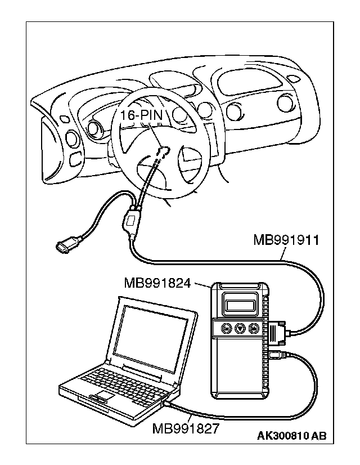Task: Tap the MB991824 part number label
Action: tap(157, 282)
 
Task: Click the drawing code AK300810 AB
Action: tap(291, 436)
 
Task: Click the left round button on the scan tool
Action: tap(226, 328)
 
